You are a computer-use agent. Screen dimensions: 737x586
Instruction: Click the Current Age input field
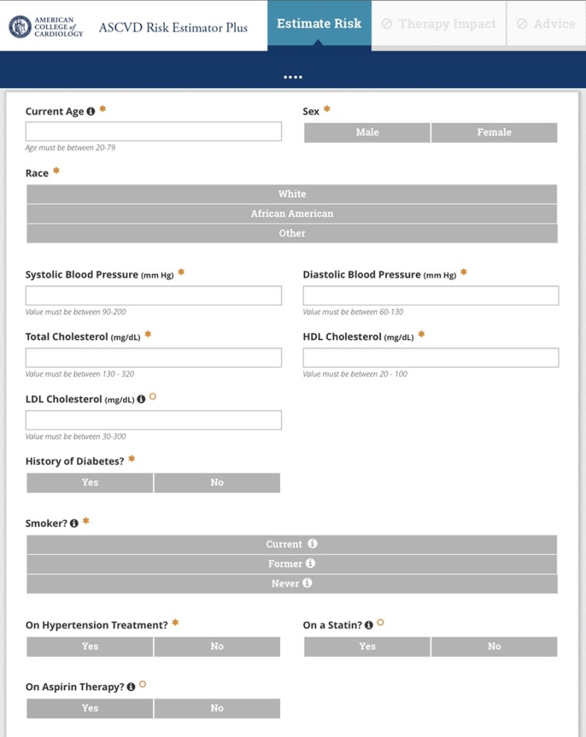pyautogui.click(x=153, y=131)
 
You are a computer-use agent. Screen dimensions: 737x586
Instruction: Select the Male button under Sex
pyautogui.click(x=367, y=133)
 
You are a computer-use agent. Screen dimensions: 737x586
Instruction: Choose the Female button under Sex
pyautogui.click(x=494, y=133)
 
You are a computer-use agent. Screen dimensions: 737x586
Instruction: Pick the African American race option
pyautogui.click(x=292, y=214)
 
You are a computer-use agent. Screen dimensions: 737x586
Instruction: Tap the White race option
pyautogui.click(x=292, y=194)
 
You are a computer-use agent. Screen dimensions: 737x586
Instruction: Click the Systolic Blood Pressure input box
pyautogui.click(x=153, y=295)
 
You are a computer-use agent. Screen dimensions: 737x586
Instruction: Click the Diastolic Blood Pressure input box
pyautogui.click(x=431, y=295)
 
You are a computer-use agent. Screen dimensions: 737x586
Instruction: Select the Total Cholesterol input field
pyautogui.click(x=153, y=358)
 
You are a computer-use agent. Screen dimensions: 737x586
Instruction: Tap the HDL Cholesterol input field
pyautogui.click(x=431, y=358)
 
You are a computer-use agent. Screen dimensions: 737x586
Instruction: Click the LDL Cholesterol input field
pyautogui.click(x=153, y=420)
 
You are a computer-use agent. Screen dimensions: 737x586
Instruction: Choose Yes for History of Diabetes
pyautogui.click(x=90, y=483)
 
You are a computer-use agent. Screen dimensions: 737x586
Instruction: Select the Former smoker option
pyautogui.click(x=292, y=564)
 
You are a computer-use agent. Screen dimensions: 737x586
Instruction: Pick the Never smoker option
pyautogui.click(x=292, y=584)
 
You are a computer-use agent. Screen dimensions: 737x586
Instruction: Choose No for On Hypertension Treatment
pyautogui.click(x=217, y=647)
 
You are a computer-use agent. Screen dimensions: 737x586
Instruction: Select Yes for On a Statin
pyautogui.click(x=367, y=647)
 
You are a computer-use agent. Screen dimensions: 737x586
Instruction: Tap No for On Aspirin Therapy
pyautogui.click(x=217, y=708)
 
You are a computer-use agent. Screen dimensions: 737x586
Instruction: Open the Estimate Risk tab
pyautogui.click(x=319, y=24)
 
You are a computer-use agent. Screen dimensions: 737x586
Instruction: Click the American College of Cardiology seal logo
pyautogui.click(x=20, y=27)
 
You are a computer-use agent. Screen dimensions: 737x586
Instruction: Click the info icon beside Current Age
pyautogui.click(x=91, y=111)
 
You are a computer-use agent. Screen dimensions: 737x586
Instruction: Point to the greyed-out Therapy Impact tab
pyautogui.click(x=438, y=24)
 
